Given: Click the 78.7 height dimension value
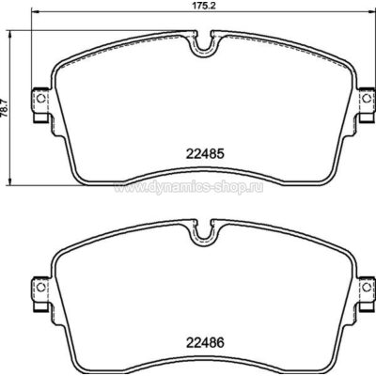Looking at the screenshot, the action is pyautogui.click(x=4, y=108).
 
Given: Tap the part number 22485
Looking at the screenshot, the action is pyautogui.click(x=205, y=154).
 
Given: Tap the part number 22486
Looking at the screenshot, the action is pyautogui.click(x=205, y=342).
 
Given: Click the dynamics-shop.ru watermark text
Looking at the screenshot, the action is pyautogui.click(x=189, y=187).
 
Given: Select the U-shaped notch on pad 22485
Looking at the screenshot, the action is pyautogui.click(x=204, y=43).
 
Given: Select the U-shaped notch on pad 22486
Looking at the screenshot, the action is pyautogui.click(x=204, y=232).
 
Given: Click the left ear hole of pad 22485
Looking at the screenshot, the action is pyautogui.click(x=40, y=99).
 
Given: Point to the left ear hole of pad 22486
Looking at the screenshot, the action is pyautogui.click(x=40, y=287).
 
